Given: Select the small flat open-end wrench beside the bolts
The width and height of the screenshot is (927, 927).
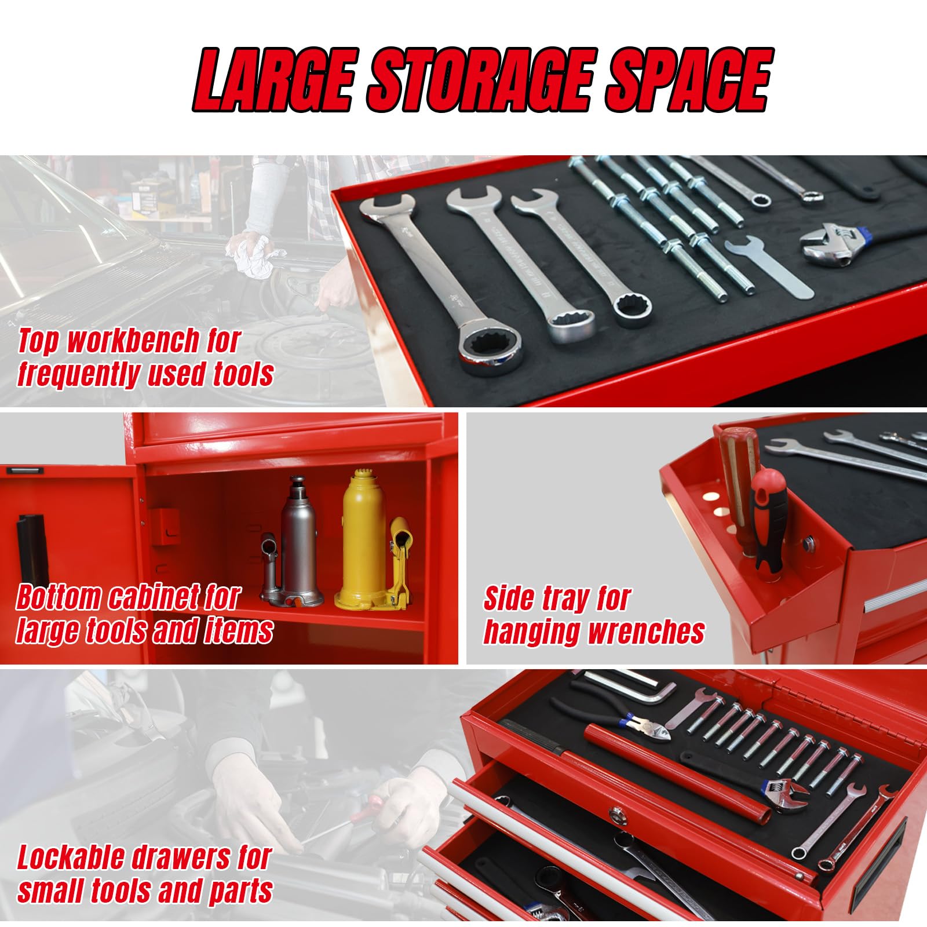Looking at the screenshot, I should [765, 266].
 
